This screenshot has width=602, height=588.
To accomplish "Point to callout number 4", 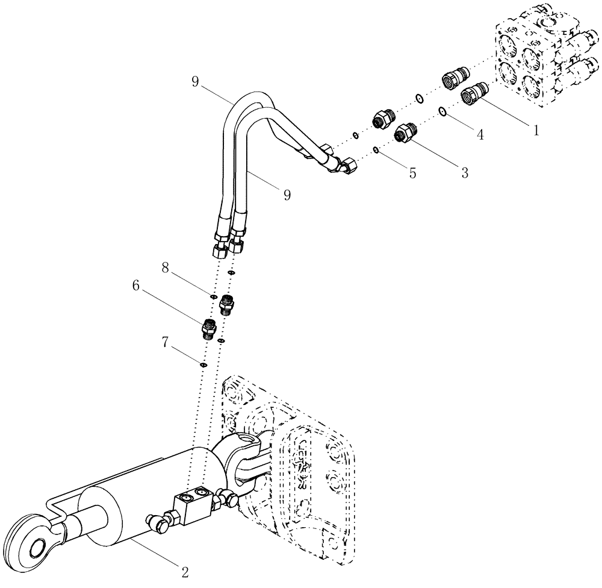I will click(480, 136).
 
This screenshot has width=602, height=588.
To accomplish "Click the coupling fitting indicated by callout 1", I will click(473, 95).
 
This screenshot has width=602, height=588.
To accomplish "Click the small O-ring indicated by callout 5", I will click(376, 150).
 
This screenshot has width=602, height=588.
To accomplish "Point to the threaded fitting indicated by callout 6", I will click(208, 328).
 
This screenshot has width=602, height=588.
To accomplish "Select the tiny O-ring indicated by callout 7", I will click(203, 363).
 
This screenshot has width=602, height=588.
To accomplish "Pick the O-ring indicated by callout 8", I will click(213, 296).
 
